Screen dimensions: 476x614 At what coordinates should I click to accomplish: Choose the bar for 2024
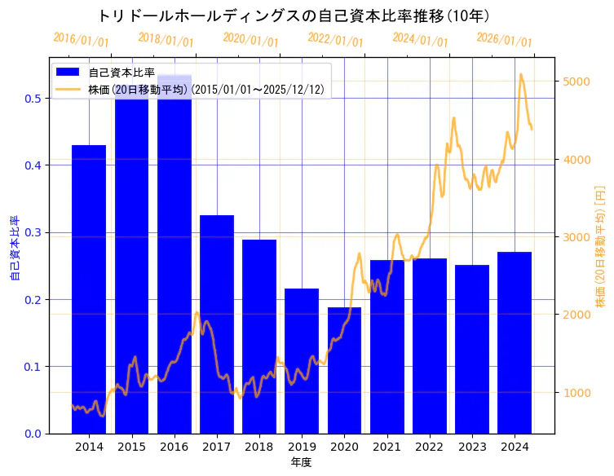tap(515, 342)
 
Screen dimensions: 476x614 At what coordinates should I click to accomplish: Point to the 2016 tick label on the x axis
tap(174, 447)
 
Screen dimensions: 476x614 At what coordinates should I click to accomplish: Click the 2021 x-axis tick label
tap(387, 447)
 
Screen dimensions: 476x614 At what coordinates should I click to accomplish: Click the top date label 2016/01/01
tap(81, 40)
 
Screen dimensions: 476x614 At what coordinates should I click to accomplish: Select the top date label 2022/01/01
tap(335, 40)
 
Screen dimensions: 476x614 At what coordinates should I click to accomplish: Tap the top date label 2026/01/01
tap(504, 40)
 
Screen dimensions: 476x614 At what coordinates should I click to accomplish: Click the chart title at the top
tap(294, 15)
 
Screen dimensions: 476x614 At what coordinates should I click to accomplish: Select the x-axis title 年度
tap(301, 462)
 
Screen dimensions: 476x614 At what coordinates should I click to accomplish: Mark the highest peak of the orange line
tap(521, 74)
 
